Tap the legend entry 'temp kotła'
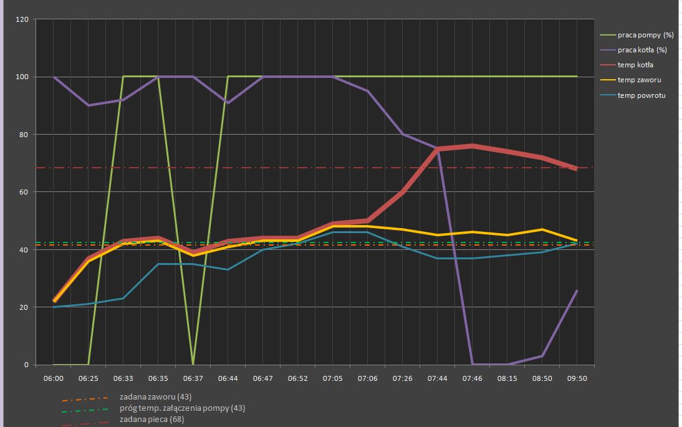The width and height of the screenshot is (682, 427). tap(635, 65)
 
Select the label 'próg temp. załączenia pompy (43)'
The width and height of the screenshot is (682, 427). tap(182, 408)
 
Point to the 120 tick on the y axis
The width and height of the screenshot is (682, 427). tap(23, 19)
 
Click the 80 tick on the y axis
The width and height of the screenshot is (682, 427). tap(25, 135)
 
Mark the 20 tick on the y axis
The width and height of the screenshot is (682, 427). tap(25, 307)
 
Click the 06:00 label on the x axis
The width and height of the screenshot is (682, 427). tap(54, 378)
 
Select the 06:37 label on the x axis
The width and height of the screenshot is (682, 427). tap(193, 378)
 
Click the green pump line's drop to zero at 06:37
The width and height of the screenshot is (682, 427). tap(193, 364)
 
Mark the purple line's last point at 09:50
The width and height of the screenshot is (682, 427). tap(577, 290)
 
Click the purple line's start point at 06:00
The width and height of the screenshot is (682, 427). tap(54, 77)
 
